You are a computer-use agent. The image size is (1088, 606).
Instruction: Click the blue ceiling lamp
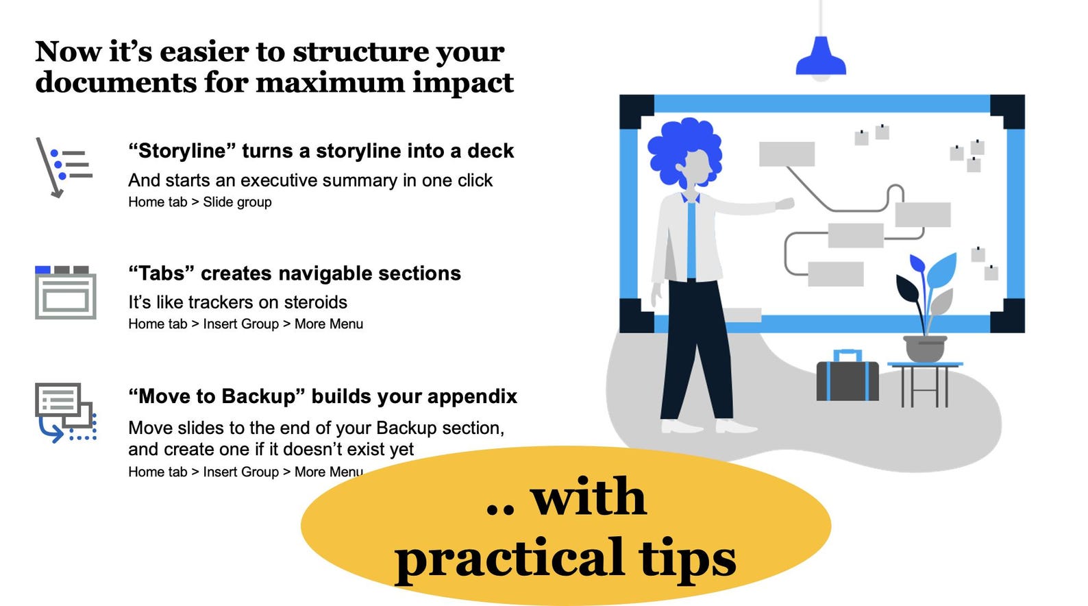[820, 58]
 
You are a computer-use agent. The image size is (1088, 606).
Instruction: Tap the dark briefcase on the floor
[847, 380]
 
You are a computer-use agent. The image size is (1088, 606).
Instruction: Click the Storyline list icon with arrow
[64, 167]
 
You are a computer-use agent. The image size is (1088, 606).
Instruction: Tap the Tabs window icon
[65, 293]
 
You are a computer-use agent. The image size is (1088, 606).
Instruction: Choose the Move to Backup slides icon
[65, 412]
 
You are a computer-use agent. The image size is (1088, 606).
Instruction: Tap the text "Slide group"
[237, 202]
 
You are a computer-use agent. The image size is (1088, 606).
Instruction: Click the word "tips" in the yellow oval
[687, 559]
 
